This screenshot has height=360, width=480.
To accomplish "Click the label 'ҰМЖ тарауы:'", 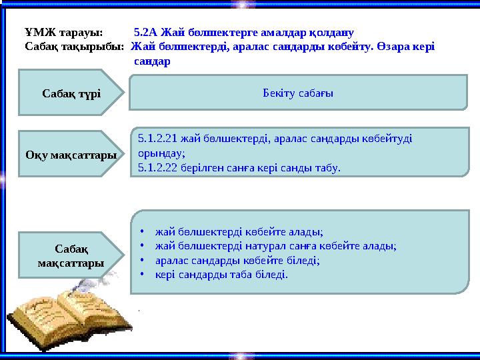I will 63,32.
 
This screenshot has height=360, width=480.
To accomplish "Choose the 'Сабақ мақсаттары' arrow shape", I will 70,255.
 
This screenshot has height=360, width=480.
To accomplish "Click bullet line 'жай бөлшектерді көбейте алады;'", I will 239,232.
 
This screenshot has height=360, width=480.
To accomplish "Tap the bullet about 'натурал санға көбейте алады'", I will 275,246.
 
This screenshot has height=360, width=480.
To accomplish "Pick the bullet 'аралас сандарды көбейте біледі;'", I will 237,260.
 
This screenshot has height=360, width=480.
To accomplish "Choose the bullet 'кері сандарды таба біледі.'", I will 221,274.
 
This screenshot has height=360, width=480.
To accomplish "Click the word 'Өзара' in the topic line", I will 389,47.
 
